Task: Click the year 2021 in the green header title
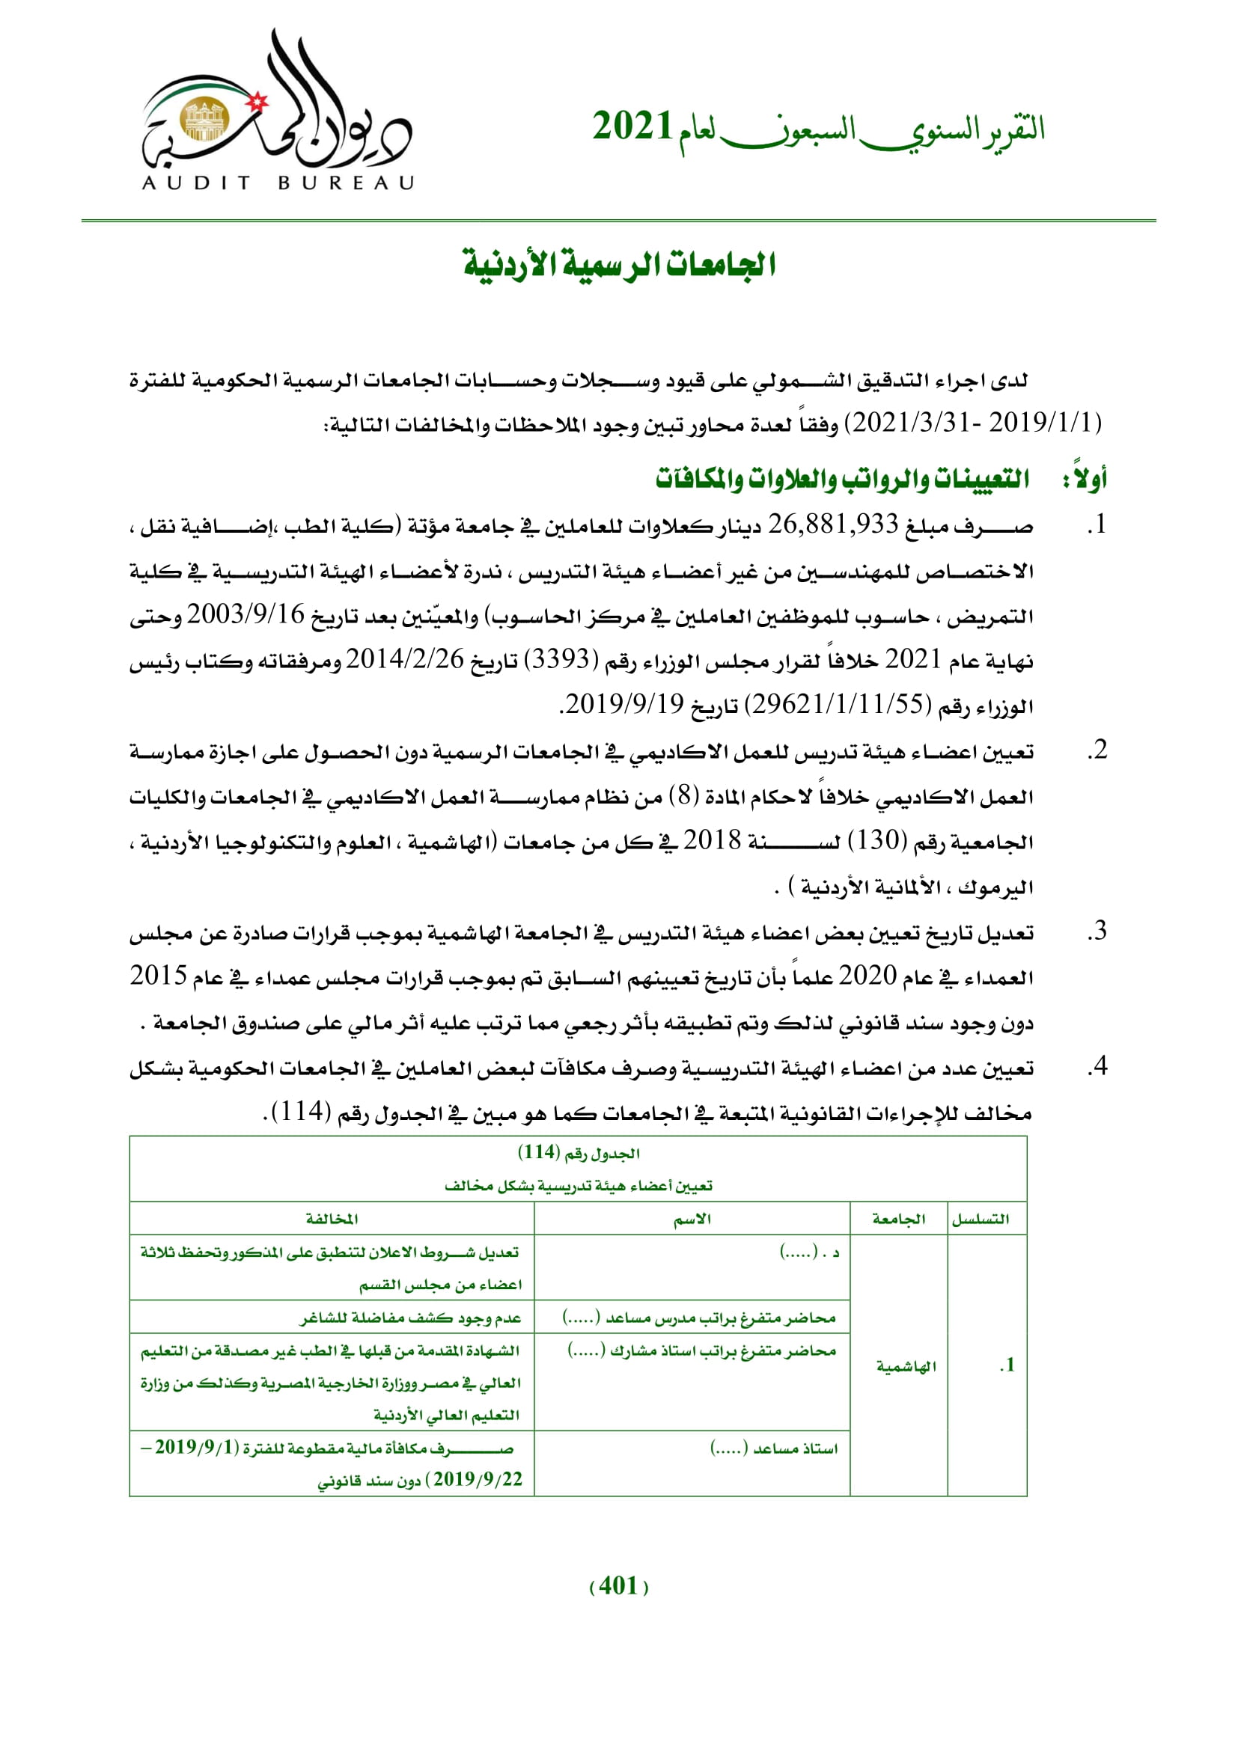(x=632, y=126)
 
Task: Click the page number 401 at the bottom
(x=618, y=1586)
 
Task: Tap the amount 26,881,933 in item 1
(x=832, y=525)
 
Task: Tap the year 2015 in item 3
(x=159, y=977)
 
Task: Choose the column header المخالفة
(x=332, y=1220)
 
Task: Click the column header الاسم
(x=692, y=1220)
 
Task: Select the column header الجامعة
(x=899, y=1220)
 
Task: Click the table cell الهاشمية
(x=906, y=1367)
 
